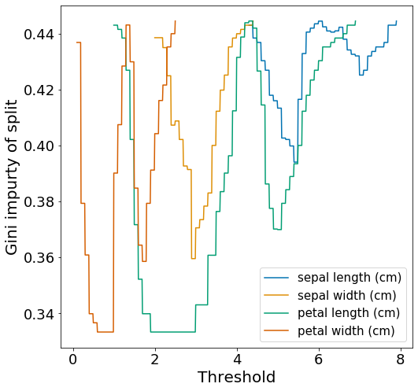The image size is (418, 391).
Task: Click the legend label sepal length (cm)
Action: (350, 278)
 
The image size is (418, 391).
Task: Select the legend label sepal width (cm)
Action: (347, 295)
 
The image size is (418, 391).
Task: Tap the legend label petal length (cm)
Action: (349, 313)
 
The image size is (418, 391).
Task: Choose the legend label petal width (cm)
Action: (346, 330)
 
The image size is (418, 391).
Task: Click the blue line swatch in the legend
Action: (276, 278)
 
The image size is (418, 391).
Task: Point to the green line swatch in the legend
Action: (276, 313)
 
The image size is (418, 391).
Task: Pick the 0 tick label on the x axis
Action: (73, 360)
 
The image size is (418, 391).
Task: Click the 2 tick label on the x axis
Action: (155, 360)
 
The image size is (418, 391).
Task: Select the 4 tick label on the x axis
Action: (237, 360)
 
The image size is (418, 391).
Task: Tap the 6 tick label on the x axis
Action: (319, 360)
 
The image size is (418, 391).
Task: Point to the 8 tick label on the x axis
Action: (401, 360)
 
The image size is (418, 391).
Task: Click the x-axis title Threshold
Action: (236, 377)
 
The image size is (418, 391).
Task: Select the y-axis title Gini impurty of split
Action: (11, 177)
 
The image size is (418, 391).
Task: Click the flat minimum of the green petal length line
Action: (173, 332)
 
